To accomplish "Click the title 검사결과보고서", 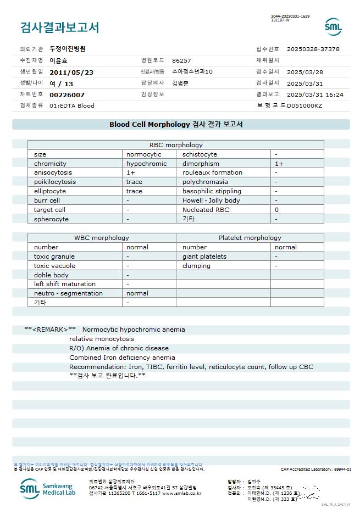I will coord(59,27).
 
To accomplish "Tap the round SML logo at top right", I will coord(333,27).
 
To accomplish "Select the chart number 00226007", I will coord(67,95).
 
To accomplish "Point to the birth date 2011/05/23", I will coord(71,72).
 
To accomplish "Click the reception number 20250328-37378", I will coord(313,49).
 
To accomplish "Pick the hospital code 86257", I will coord(181,60).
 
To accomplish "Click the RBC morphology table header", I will coord(176,145).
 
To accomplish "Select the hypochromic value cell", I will coord(146,164).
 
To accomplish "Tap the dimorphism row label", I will coord(201,164).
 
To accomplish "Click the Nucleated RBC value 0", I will coord(277,210).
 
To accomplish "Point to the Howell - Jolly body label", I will coord(211,200).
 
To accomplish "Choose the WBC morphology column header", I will coord(102,238).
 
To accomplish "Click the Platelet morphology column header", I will coord(250,238).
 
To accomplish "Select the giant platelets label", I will coord(204,256).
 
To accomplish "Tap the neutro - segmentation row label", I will coord(68,293).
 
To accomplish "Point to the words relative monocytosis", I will coord(102,339).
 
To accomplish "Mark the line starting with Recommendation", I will coord(191,366).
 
